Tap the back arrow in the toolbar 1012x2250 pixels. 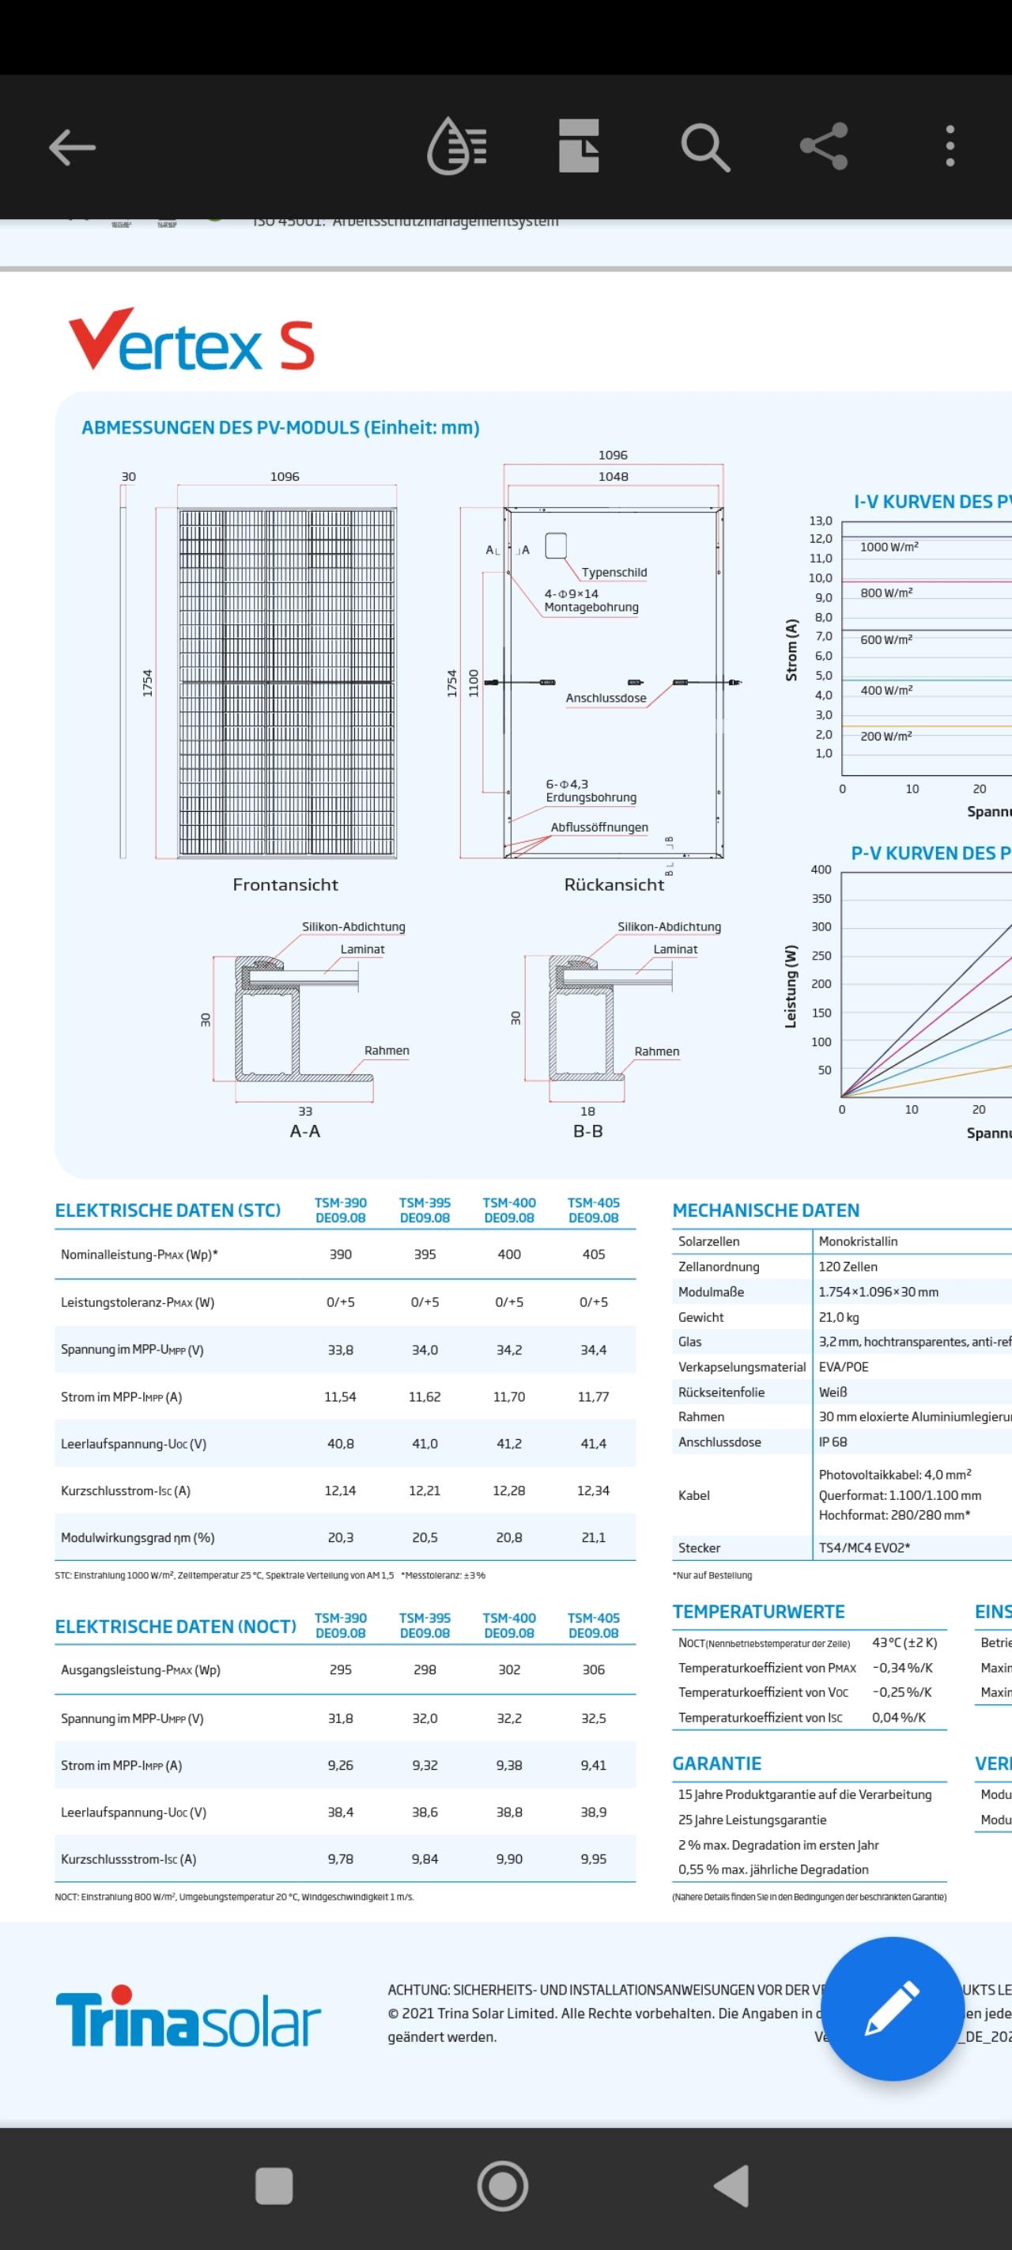pyautogui.click(x=72, y=146)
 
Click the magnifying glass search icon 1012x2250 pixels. pyautogui.click(x=704, y=146)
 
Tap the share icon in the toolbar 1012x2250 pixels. pyautogui.click(x=823, y=146)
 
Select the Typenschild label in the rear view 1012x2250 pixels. pyautogui.click(x=614, y=572)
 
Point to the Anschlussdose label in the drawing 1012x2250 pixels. pyautogui.click(x=605, y=698)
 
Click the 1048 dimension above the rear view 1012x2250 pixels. pyautogui.click(x=613, y=476)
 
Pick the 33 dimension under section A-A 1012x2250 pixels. pyautogui.click(x=304, y=1111)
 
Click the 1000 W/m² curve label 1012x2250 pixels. pyautogui.click(x=888, y=547)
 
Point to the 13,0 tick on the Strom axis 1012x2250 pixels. pyautogui.click(x=820, y=521)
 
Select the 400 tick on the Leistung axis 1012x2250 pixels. pyautogui.click(x=820, y=869)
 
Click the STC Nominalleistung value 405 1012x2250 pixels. pyautogui.click(x=593, y=1254)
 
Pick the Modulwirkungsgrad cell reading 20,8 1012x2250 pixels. pyautogui.click(x=508, y=1537)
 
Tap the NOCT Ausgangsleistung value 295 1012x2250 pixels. pyautogui.click(x=340, y=1669)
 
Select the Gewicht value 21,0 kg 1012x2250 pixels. pyautogui.click(x=838, y=1316)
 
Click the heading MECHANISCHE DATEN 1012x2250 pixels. pyautogui.click(x=765, y=1210)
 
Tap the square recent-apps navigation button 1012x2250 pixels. pyautogui.click(x=274, y=2185)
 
